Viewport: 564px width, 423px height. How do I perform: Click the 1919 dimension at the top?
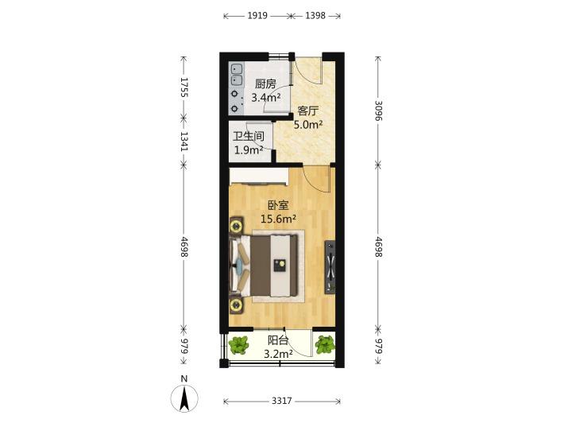point(257,16)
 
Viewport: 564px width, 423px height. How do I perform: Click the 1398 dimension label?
point(315,16)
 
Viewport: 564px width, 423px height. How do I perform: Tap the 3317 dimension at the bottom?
point(281,401)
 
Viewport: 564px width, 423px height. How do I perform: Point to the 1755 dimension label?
point(184,87)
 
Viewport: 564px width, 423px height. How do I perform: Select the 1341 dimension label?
point(184,142)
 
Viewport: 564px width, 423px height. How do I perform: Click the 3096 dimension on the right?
point(378,111)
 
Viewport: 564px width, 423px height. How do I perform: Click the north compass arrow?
point(184,398)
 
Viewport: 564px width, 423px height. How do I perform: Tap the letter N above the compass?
point(184,378)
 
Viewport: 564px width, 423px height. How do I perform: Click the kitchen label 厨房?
point(265,83)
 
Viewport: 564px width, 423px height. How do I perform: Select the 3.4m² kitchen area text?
point(266,97)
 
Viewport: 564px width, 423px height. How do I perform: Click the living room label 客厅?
point(308,111)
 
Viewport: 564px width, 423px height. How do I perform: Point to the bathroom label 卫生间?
point(249,136)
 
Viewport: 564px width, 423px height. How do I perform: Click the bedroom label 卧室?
point(278,206)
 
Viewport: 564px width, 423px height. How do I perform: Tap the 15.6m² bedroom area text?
point(278,219)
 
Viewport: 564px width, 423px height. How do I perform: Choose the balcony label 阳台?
point(278,340)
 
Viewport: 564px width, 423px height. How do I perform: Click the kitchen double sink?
point(236,75)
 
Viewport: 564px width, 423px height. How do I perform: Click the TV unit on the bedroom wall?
point(330,267)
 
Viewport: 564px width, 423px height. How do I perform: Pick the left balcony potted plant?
point(239,344)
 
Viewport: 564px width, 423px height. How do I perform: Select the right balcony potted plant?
point(325,344)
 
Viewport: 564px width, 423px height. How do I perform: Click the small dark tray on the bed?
point(280,265)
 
